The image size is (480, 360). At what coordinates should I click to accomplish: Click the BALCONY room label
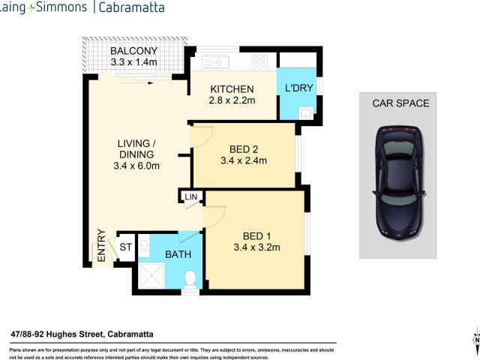133,51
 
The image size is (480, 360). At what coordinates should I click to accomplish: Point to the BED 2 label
244,148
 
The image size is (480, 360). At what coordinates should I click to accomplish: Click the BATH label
178,254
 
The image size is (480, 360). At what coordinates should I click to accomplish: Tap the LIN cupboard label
191,197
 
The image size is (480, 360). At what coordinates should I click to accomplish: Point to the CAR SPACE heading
400,103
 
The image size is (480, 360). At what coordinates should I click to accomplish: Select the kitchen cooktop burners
259,61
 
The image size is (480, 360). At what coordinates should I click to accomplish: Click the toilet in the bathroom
190,280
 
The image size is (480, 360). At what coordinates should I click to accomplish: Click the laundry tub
305,113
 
